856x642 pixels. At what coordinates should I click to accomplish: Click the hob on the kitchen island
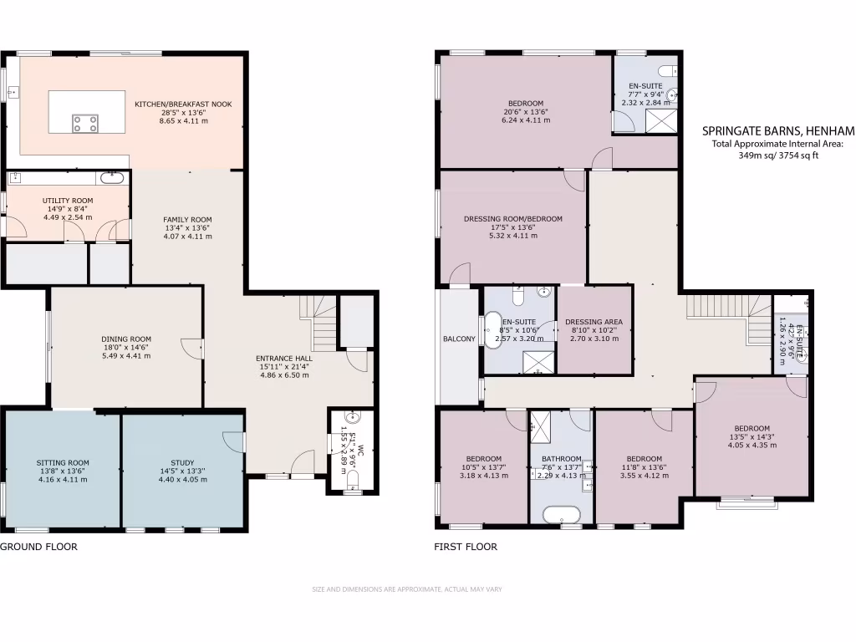[84, 124]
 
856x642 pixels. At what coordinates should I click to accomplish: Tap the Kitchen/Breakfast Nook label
[183, 104]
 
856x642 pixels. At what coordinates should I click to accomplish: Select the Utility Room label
[68, 201]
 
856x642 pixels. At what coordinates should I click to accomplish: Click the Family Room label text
[187, 220]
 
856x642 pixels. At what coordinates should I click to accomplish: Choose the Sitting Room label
[63, 462]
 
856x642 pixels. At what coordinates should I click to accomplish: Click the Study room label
[182, 462]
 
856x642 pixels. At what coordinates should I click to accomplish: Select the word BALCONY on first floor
[459, 339]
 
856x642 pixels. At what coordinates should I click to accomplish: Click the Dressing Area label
[594, 322]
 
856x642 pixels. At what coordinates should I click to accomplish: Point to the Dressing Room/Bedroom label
[513, 219]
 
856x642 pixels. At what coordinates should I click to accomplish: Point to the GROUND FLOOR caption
[38, 548]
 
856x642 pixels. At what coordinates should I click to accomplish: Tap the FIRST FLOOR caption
[466, 548]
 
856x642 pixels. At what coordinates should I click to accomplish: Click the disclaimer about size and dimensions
[407, 589]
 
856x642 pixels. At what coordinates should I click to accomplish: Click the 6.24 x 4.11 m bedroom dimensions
[526, 120]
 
